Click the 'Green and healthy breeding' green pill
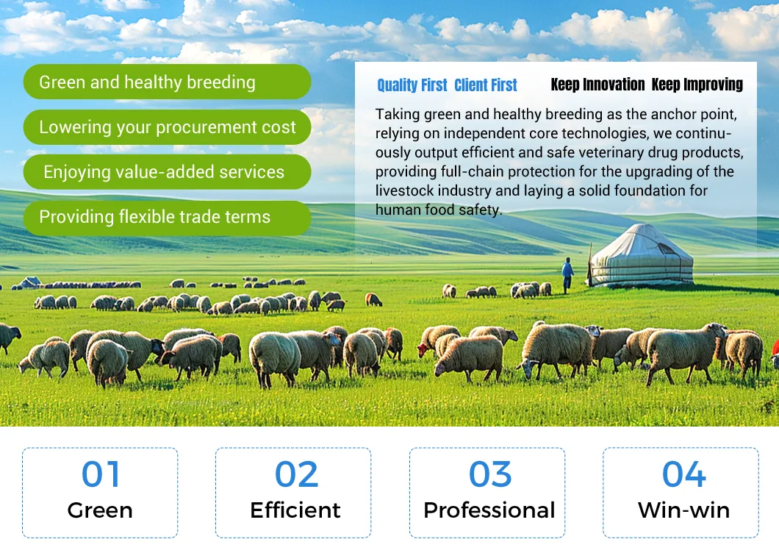pyautogui.click(x=167, y=82)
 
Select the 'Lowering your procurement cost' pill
pyautogui.click(x=167, y=127)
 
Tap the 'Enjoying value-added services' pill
pyautogui.click(x=167, y=172)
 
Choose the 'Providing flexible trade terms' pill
pyautogui.click(x=167, y=218)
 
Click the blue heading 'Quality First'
pyautogui.click(x=412, y=85)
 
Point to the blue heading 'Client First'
pyautogui.click(x=486, y=85)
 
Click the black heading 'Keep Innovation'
pyautogui.click(x=597, y=85)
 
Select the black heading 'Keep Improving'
pyautogui.click(x=697, y=85)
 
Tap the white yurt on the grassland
pyautogui.click(x=641, y=255)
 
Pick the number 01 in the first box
pyautogui.click(x=101, y=475)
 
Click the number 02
pyautogui.click(x=296, y=475)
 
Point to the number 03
pyautogui.click(x=490, y=475)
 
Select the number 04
pyautogui.click(x=683, y=475)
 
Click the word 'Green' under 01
pyautogui.click(x=100, y=510)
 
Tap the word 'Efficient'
pyautogui.click(x=295, y=510)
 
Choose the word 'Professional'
pyautogui.click(x=489, y=510)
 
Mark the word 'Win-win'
pyautogui.click(x=683, y=510)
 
